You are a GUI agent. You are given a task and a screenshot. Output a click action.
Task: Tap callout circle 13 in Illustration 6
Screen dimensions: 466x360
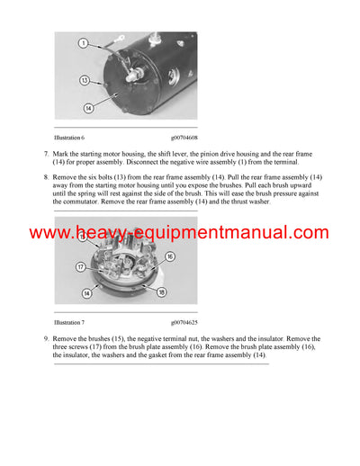(85, 80)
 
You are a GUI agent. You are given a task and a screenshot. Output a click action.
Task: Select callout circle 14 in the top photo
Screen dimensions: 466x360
(88, 109)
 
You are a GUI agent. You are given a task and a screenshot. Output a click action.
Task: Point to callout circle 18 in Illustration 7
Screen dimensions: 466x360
(162, 292)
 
